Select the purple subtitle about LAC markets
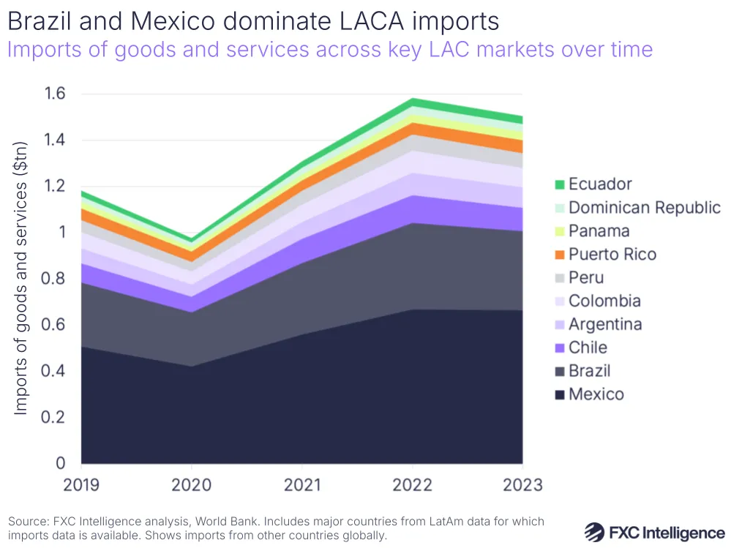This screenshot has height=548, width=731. tap(329, 49)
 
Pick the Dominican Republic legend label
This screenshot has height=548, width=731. tap(644, 208)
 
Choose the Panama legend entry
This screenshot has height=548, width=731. tap(599, 231)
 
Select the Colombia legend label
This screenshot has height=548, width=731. tap(604, 301)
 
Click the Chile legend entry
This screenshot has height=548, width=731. tap(588, 348)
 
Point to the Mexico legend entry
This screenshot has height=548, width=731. tap(596, 394)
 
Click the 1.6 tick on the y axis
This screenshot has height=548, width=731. tap(56, 94)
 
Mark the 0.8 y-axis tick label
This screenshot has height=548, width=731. tap(56, 279)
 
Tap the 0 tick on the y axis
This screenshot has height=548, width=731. tap(61, 463)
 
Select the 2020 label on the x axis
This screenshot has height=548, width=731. tap(192, 485)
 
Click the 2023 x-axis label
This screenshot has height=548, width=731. tap(522, 485)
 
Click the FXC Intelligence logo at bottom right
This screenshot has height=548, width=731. tap(654, 532)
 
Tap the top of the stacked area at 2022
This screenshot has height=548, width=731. tap(413, 99)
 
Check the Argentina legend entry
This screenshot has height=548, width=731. tap(604, 324)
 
